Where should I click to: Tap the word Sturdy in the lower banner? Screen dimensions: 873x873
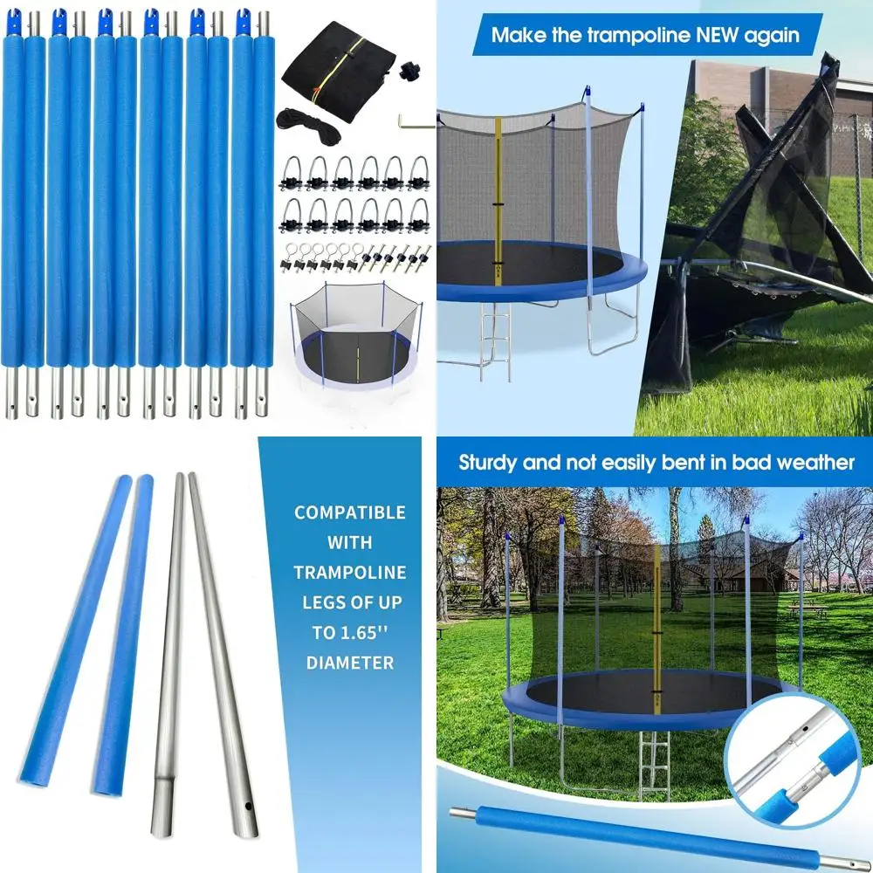488,462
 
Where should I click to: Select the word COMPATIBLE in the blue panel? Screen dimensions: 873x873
349,512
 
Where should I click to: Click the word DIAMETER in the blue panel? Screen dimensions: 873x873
349,663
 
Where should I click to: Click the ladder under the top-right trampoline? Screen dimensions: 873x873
495,342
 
